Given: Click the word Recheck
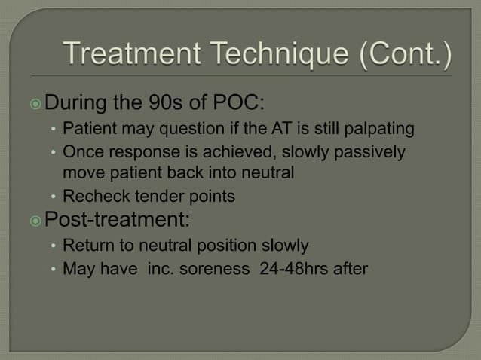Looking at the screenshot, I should [x=90, y=197].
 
